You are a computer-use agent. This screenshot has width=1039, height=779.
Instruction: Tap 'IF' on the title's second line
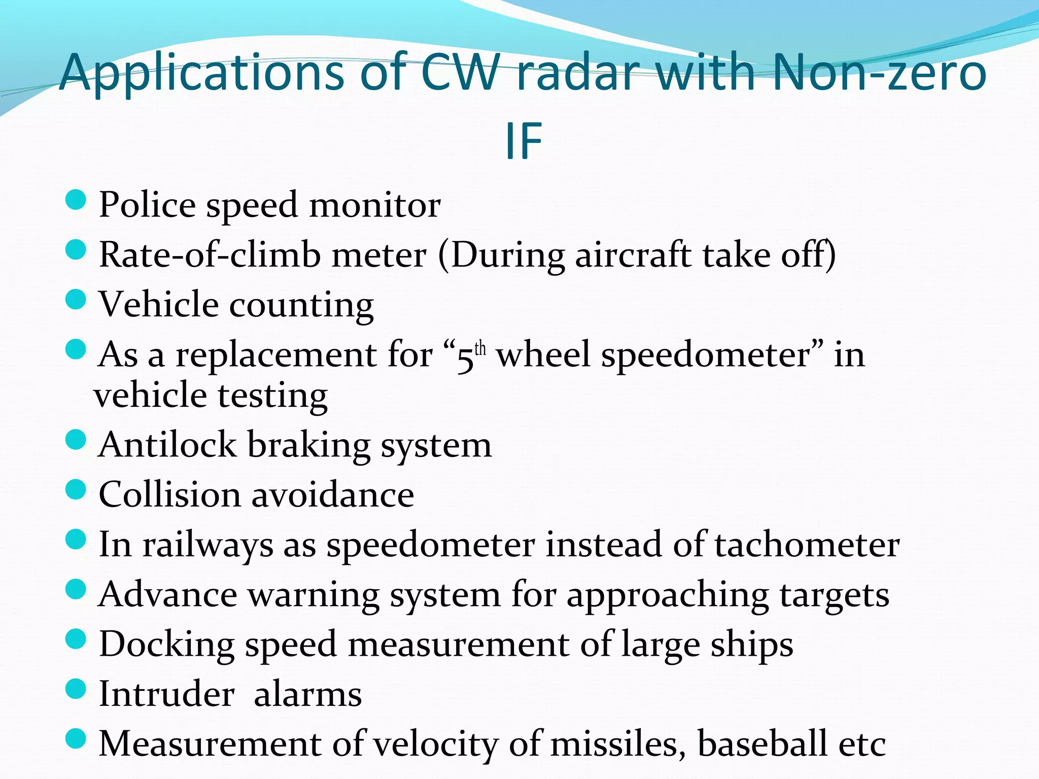[x=523, y=142]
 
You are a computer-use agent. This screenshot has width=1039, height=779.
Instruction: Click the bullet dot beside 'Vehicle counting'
[x=76, y=299]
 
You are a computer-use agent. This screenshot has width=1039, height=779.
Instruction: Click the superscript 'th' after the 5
[x=480, y=349]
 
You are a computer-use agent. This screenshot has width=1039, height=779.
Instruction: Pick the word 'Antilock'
[x=167, y=445]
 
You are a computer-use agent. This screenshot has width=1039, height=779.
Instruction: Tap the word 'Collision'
[x=169, y=494]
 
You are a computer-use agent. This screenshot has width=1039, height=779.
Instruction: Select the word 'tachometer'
[x=807, y=545]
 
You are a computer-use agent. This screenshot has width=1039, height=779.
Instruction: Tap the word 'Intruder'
[x=166, y=694]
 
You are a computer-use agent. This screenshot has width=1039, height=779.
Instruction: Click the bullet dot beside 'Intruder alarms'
[x=76, y=690]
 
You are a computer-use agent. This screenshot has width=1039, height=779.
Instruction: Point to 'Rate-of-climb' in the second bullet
[x=210, y=255]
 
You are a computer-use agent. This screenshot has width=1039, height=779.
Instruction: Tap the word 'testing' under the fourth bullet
[x=272, y=396]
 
